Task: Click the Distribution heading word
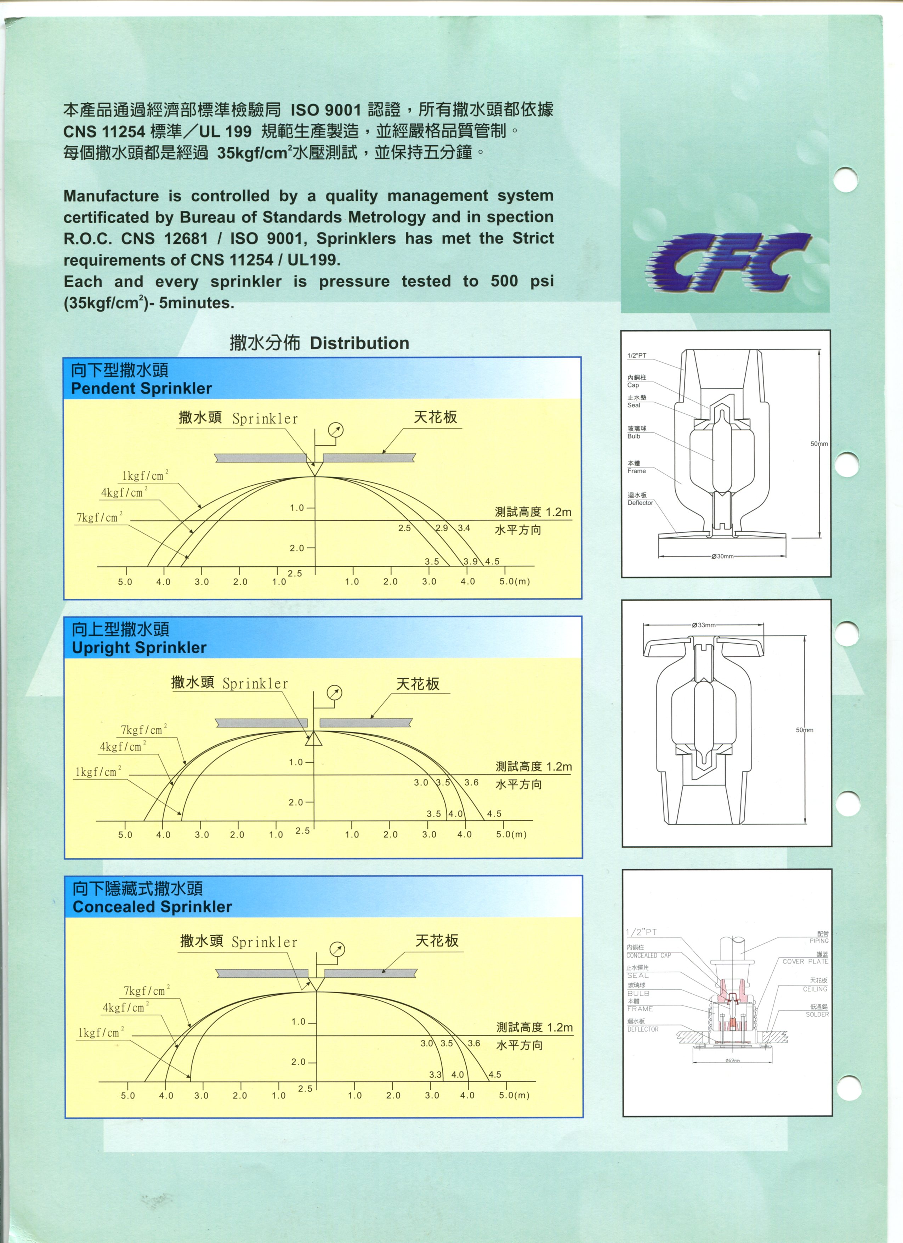pos(359,344)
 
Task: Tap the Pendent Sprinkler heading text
pos(141,389)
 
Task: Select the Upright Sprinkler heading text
pos(139,648)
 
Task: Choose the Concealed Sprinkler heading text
pos(152,907)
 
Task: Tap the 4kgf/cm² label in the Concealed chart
pos(125,1007)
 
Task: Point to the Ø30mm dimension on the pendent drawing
pos(722,556)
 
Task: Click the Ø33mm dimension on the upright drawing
pos(704,625)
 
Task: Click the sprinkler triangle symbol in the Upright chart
pos(314,739)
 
